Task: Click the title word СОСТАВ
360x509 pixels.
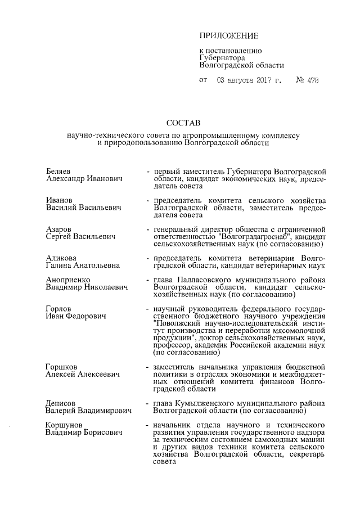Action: click(x=180, y=123)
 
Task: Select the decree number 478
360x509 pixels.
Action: click(x=313, y=80)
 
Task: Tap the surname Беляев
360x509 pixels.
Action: click(x=59, y=170)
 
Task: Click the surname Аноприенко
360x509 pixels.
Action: click(x=68, y=280)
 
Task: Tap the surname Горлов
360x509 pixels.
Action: click(x=58, y=309)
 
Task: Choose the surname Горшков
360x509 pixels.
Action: click(x=61, y=367)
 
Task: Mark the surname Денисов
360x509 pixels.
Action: click(x=61, y=403)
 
